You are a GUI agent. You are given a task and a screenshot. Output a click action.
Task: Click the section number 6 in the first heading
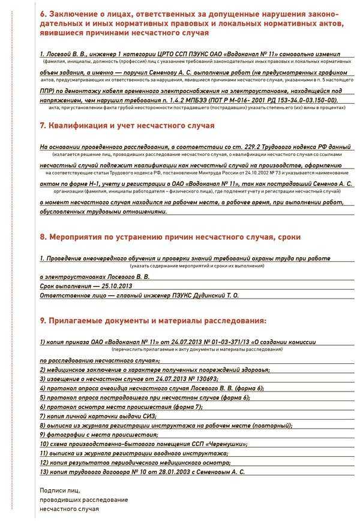(x=43, y=13)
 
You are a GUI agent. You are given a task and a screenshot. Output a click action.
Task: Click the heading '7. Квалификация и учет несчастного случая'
(x=127, y=126)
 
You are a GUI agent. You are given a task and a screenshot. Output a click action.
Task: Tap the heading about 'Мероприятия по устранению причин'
(x=170, y=237)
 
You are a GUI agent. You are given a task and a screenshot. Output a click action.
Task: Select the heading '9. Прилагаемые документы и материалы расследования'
(x=153, y=321)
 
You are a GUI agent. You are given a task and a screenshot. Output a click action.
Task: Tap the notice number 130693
(x=203, y=379)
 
